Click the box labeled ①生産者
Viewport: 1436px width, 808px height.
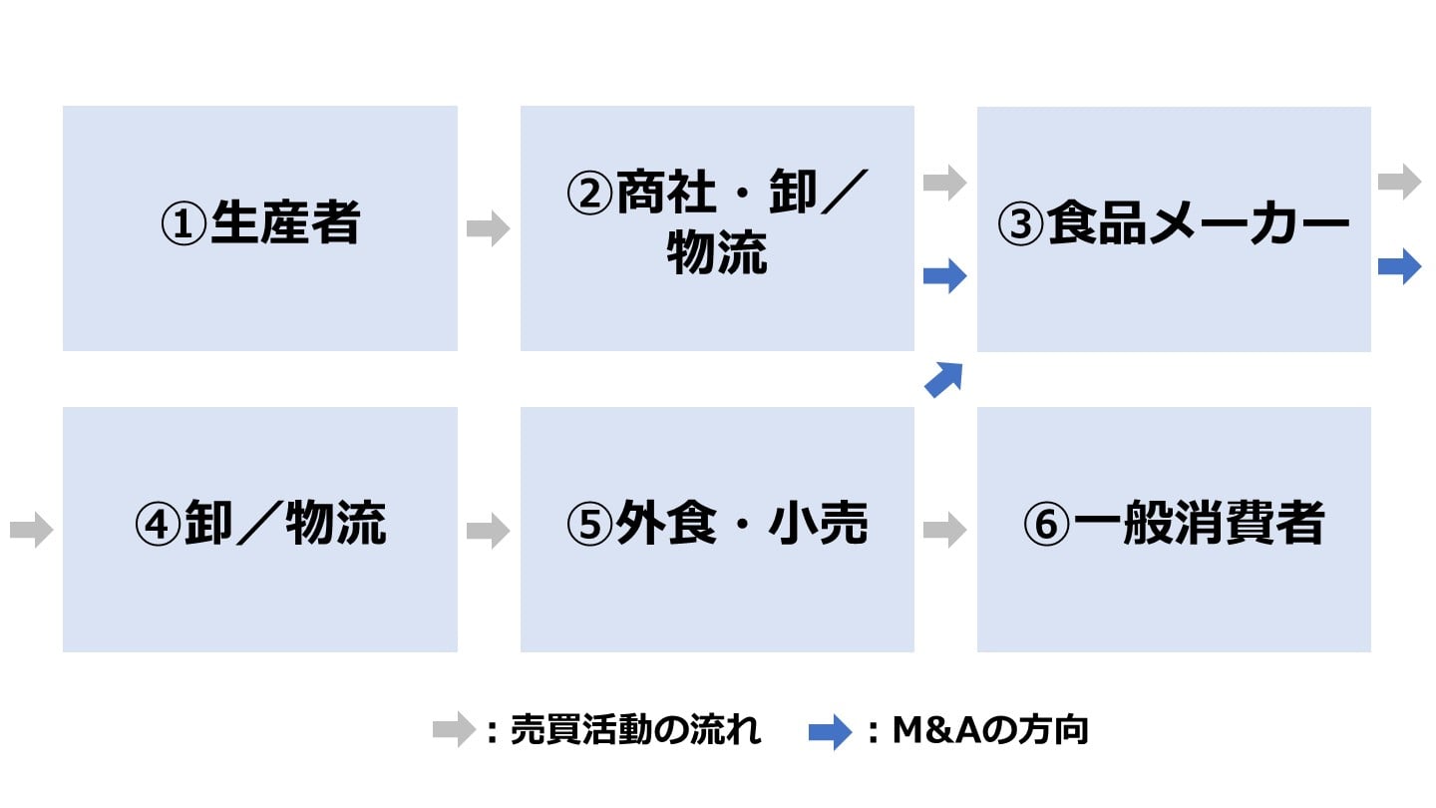coord(259,227)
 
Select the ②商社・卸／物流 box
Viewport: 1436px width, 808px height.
coord(717,227)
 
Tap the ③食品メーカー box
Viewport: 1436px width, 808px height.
coord(1174,227)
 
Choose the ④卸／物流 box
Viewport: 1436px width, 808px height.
coord(259,529)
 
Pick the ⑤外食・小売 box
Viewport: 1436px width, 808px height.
coord(717,529)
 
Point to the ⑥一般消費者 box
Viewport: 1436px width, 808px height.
coord(1174,529)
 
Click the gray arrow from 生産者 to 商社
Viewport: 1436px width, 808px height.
coord(488,228)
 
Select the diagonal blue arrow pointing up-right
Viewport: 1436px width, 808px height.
coord(943,380)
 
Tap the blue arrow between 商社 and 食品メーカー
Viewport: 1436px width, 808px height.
coord(944,276)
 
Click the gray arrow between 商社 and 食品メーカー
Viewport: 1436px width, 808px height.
coord(944,183)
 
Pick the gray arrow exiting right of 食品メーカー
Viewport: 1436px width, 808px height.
coord(1399,183)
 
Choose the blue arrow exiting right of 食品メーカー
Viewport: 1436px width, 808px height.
coord(1399,266)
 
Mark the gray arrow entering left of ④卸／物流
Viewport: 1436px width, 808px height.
coord(31,529)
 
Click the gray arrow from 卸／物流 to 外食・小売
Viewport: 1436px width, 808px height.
coord(488,529)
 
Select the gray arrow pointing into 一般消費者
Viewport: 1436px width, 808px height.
coord(944,529)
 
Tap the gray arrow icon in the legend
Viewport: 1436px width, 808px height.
coord(454,731)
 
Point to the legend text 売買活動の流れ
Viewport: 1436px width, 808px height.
coord(635,731)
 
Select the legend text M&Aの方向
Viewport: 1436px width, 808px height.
coord(990,731)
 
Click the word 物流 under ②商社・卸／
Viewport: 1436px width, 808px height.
coord(717,255)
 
